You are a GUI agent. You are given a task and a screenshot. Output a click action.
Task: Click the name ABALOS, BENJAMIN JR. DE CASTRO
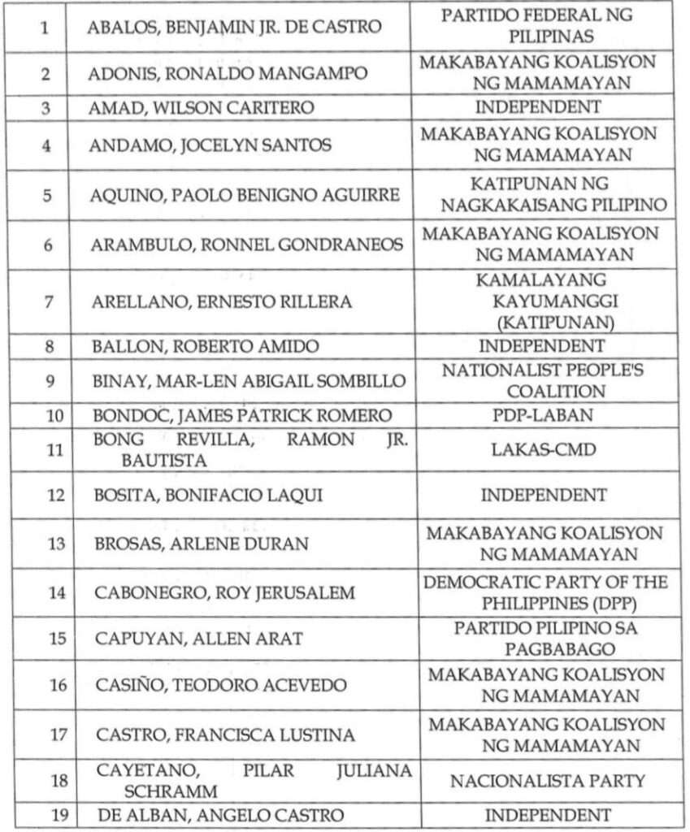235,27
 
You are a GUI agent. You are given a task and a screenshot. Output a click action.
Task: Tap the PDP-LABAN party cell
543,416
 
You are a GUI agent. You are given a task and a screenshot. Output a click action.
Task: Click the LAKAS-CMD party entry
543,449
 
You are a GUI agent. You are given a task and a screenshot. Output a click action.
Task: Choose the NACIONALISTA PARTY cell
548,781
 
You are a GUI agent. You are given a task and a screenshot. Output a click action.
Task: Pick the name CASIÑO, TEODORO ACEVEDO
221,686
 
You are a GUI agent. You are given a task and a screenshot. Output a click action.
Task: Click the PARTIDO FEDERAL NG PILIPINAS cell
543,26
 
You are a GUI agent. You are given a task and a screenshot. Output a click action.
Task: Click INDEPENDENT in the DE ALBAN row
548,815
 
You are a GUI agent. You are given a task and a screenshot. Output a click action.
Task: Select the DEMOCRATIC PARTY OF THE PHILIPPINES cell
545,592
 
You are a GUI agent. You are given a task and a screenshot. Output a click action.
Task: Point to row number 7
49,301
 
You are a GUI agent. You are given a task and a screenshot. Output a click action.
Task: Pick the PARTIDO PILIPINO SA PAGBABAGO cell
545,639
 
